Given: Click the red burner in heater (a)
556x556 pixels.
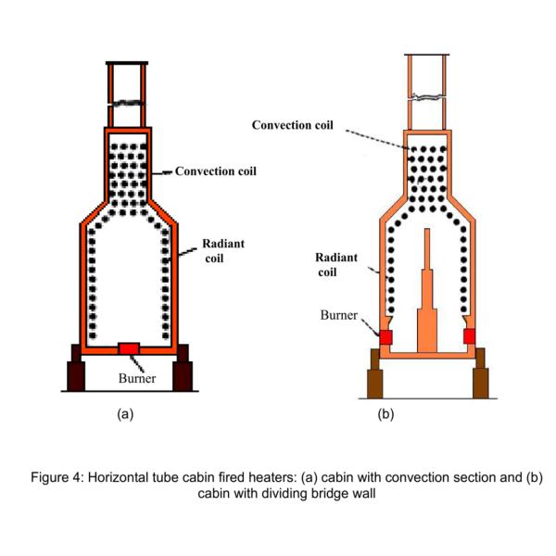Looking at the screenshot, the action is pyautogui.click(x=130, y=347).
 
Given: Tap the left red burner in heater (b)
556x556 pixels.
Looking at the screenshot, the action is pyautogui.click(x=385, y=335).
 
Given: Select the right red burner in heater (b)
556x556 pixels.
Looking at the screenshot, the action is pyautogui.click(x=470, y=335).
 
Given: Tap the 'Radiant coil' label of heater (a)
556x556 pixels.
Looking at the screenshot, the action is pyautogui.click(x=223, y=251).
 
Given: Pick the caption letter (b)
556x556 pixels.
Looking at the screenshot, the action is pyautogui.click(x=386, y=414).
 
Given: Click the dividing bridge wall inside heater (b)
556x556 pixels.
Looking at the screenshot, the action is pyautogui.click(x=427, y=297).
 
